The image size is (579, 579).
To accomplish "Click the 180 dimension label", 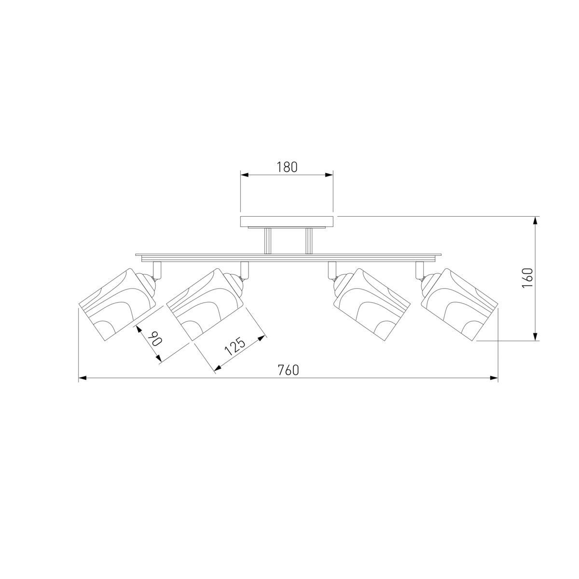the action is coord(287,167).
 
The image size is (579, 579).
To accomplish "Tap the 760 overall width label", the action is coord(289,370).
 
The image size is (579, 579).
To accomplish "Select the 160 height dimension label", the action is coord(528,278).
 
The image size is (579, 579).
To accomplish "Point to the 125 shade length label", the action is coord(235,346).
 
